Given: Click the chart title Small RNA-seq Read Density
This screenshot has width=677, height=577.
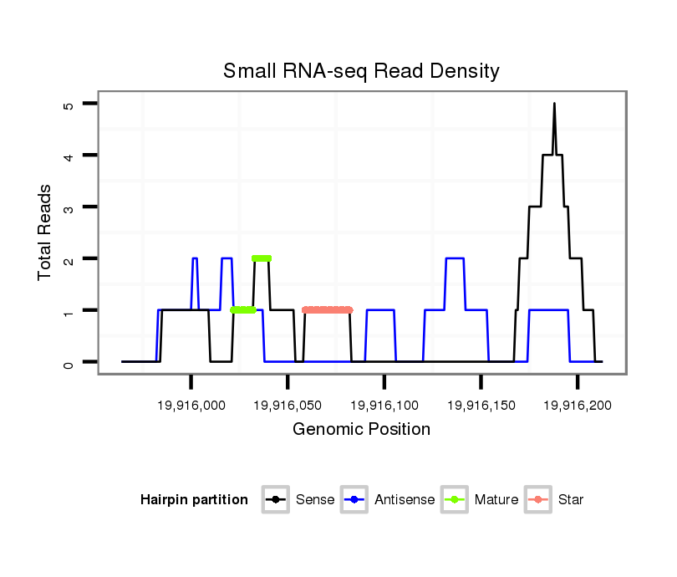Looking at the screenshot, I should click(x=361, y=71).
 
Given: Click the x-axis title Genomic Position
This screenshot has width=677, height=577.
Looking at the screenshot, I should click(x=361, y=430).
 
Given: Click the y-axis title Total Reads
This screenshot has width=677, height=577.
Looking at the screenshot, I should click(x=45, y=232).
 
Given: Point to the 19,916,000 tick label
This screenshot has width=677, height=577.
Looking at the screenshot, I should click(x=191, y=405).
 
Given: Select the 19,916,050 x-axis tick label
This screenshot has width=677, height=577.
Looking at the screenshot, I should click(x=288, y=405).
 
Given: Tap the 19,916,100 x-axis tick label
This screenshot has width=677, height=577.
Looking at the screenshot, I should click(x=384, y=405).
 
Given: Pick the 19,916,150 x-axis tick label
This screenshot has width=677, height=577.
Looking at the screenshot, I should click(x=481, y=405).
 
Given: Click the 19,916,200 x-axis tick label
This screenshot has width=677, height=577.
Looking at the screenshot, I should click(x=578, y=405).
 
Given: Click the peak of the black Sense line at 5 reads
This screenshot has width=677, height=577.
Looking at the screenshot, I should click(x=554, y=105).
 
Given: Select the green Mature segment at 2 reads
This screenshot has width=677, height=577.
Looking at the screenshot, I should click(x=262, y=258).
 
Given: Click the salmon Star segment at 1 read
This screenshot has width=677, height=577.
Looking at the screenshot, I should click(x=327, y=310).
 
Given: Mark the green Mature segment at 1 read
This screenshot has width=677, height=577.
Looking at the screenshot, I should click(x=243, y=310).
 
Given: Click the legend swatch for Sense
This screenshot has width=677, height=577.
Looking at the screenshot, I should click(x=275, y=500).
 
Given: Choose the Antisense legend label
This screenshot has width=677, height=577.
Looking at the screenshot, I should click(x=405, y=500).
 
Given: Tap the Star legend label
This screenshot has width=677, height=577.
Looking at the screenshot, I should click(x=571, y=500).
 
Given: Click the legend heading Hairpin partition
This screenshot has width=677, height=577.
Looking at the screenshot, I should click(x=194, y=500).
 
